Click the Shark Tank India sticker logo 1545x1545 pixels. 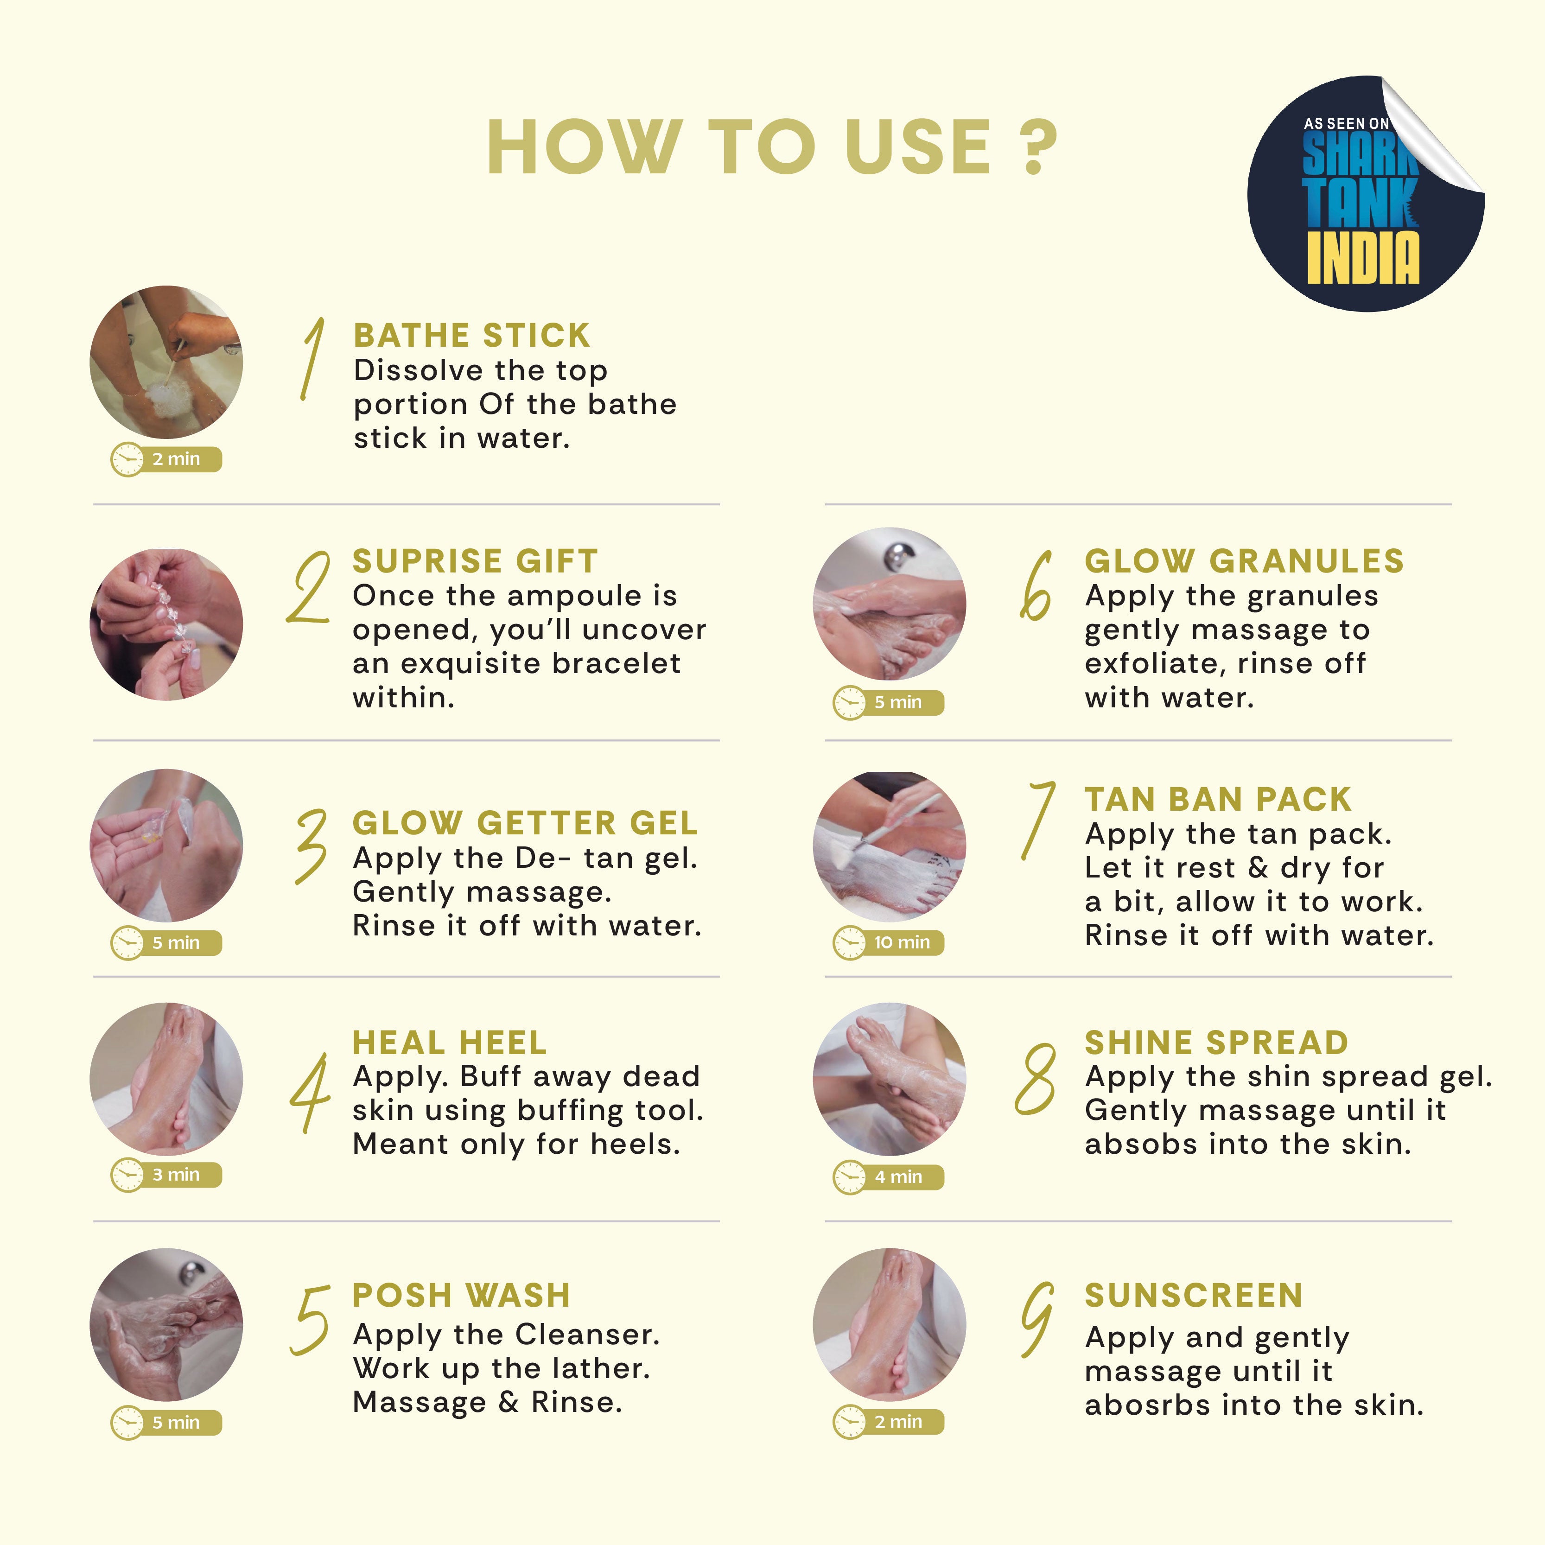coord(1366,193)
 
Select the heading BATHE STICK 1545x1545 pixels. coord(472,335)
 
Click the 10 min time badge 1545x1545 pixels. coord(889,942)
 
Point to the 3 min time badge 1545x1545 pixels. coord(165,1175)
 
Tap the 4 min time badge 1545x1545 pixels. coord(889,1177)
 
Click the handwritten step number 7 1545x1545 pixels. coord(1037,821)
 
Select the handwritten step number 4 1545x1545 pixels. coord(310,1093)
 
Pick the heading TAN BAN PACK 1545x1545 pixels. coord(1218,799)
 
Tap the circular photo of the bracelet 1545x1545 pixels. coord(166,624)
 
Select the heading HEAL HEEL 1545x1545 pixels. coord(450,1043)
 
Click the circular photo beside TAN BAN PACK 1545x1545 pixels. coord(889,846)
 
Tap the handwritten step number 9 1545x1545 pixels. coord(1036,1320)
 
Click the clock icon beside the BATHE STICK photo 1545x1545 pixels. coord(127,460)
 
